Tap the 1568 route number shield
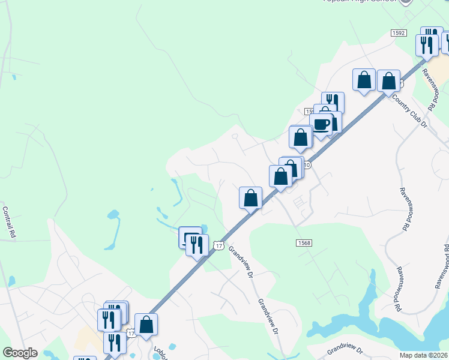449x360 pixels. point(304,242)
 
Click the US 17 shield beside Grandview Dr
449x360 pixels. point(219,246)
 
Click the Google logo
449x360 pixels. point(19,353)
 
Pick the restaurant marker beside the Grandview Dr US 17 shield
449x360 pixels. point(197,245)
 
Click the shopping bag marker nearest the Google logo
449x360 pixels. point(146,326)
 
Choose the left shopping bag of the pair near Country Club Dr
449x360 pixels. point(364,80)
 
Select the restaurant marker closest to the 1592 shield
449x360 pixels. point(427,46)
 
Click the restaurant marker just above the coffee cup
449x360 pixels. point(333,103)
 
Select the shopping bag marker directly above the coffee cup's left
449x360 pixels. point(301,137)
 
